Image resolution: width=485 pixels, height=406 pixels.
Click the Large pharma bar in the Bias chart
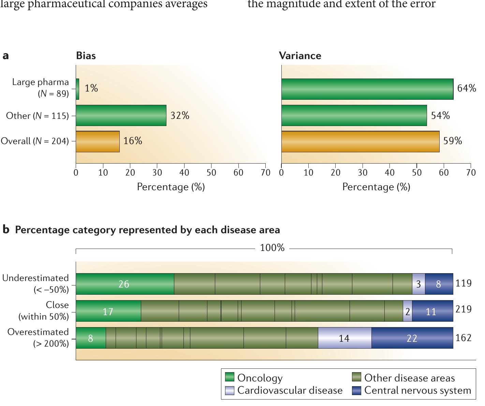(x=77, y=89)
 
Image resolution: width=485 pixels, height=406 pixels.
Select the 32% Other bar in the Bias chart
(x=121, y=115)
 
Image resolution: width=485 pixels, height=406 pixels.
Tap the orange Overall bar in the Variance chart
(x=360, y=141)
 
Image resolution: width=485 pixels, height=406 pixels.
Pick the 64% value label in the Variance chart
(x=466, y=88)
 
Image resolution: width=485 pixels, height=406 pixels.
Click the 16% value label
(x=133, y=141)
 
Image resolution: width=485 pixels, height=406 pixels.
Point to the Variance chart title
(x=300, y=56)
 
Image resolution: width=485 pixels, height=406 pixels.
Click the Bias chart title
(x=86, y=56)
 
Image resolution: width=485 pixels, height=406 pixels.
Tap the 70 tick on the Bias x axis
(x=265, y=173)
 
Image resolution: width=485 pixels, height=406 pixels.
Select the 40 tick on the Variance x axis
(x=390, y=173)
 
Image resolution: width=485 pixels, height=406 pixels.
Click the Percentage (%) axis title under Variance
(x=376, y=187)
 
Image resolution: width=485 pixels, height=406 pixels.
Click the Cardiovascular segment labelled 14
(x=344, y=338)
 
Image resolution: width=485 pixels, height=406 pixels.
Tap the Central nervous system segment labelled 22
(x=412, y=338)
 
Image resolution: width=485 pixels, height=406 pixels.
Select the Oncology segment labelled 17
(x=108, y=311)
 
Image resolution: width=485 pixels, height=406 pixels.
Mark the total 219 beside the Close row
(x=464, y=309)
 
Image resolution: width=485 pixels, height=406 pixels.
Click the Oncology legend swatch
(x=230, y=378)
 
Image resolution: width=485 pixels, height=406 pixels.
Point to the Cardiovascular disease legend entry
(x=284, y=390)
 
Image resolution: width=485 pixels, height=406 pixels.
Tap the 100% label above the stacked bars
(x=272, y=248)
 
